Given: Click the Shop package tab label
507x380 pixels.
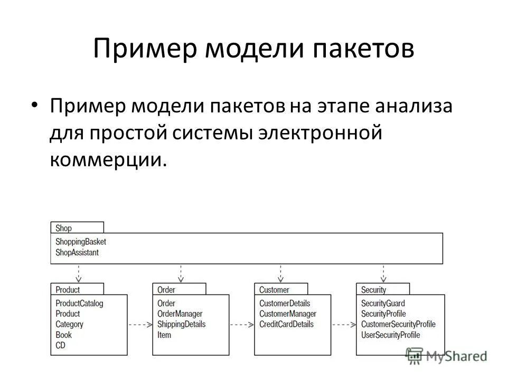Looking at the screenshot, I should pyautogui.click(x=63, y=229).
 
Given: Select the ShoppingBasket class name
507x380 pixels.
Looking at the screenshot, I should pyautogui.click(x=80, y=242).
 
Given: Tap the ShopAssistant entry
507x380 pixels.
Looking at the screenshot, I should pyautogui.click(x=77, y=252).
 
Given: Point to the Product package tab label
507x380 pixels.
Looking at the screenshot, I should pyautogui.click(x=68, y=290).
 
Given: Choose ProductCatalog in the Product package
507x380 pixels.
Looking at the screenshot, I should pyautogui.click(x=79, y=303).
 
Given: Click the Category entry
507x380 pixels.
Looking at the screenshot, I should pyautogui.click(x=69, y=324).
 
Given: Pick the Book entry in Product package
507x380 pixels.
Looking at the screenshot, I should pyautogui.click(x=63, y=335).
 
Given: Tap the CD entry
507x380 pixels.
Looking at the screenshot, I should pyautogui.click(x=60, y=345).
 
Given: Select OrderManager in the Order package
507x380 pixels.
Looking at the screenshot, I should pyautogui.click(x=180, y=314).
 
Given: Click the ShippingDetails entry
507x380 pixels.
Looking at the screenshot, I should pyautogui.click(x=181, y=324).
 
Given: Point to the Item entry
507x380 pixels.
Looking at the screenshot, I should pyautogui.click(x=164, y=335).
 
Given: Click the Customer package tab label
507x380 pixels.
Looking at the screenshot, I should pyautogui.click(x=274, y=290).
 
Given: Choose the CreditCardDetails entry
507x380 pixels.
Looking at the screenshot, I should pyautogui.click(x=286, y=324).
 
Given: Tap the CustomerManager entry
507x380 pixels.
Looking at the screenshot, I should pyautogui.click(x=287, y=314).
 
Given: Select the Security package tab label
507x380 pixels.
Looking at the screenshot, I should pyautogui.click(x=373, y=290).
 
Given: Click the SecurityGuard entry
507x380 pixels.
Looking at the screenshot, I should pyautogui.click(x=383, y=303).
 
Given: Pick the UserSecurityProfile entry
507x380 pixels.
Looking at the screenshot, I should pyautogui.click(x=390, y=335).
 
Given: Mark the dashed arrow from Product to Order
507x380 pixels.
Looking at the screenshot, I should pyautogui.click(x=139, y=325).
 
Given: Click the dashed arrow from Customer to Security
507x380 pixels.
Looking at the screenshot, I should pyautogui.click(x=343, y=325).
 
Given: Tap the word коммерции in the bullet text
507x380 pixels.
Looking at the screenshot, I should pyautogui.click(x=104, y=159).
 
